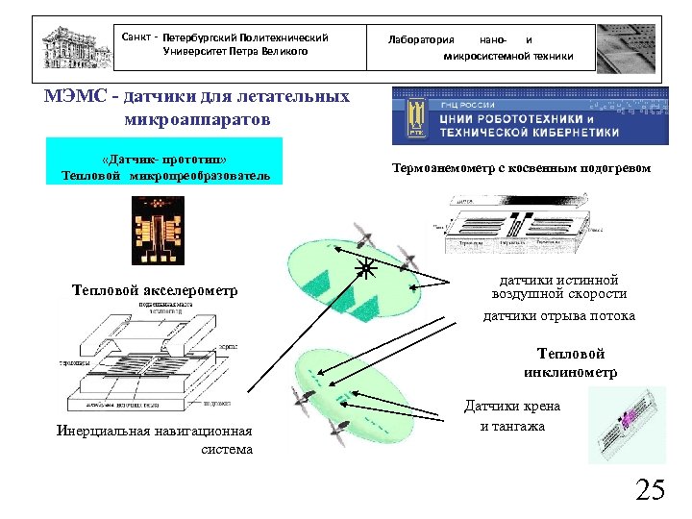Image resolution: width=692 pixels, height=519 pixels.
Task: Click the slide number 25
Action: tap(650, 490)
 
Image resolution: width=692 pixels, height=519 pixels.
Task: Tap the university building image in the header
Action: tap(74, 44)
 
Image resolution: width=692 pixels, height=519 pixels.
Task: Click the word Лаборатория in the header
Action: tap(420, 39)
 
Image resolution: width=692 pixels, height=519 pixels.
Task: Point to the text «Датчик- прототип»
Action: tap(163, 159)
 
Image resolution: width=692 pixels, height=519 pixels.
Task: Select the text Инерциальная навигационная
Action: tap(154, 431)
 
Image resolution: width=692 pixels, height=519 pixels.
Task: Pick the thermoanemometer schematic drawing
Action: tap(518, 223)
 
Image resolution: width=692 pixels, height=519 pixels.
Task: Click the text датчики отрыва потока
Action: tap(558, 316)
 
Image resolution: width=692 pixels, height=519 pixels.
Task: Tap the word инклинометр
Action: tap(570, 372)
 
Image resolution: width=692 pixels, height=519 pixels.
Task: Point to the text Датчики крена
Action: tap(512, 407)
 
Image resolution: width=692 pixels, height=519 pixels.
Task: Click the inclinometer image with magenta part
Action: tap(626, 424)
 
